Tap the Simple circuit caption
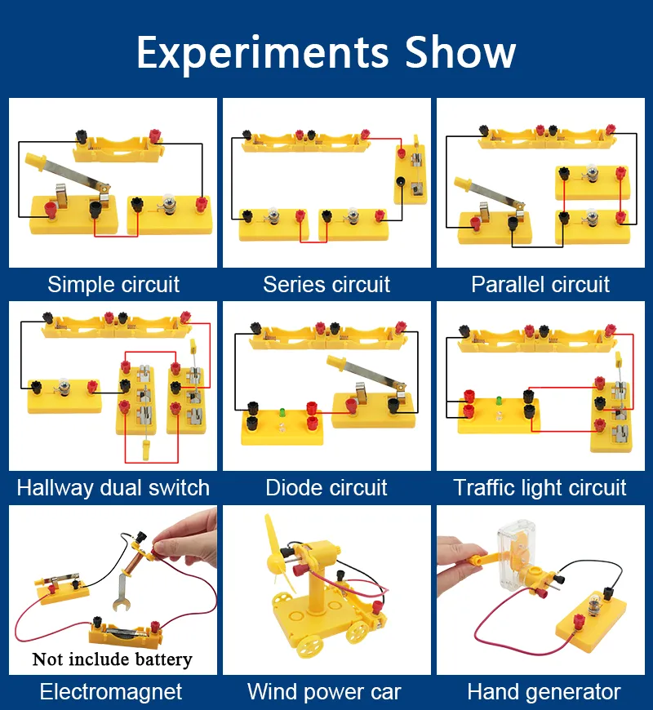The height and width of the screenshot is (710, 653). point(113,285)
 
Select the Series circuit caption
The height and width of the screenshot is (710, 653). point(326,285)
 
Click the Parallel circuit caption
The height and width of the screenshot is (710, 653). point(540,285)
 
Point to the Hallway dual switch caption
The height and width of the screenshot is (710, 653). point(113,488)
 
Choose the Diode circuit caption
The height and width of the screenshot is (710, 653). point(326,488)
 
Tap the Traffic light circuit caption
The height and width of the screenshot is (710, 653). point(540,488)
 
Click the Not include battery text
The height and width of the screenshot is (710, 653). point(113,659)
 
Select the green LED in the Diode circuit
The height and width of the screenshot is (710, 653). point(282,410)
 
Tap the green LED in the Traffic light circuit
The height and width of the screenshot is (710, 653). point(497,402)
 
